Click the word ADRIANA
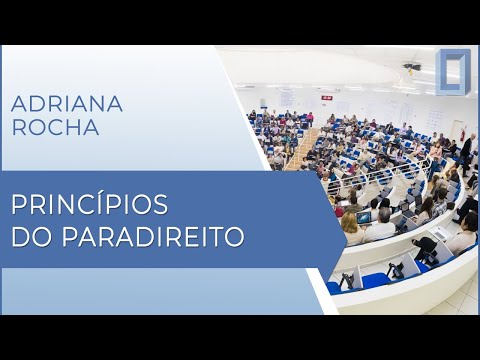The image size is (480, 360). pyautogui.click(x=66, y=104)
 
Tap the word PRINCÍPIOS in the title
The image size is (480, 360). pyautogui.click(x=89, y=206)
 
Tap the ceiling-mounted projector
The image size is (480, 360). pyautogui.click(x=412, y=67)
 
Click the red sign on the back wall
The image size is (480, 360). pyautogui.click(x=326, y=97)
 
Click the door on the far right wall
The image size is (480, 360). pyautogui.click(x=459, y=130)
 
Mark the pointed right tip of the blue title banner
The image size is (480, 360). pyautogui.click(x=345, y=218)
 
